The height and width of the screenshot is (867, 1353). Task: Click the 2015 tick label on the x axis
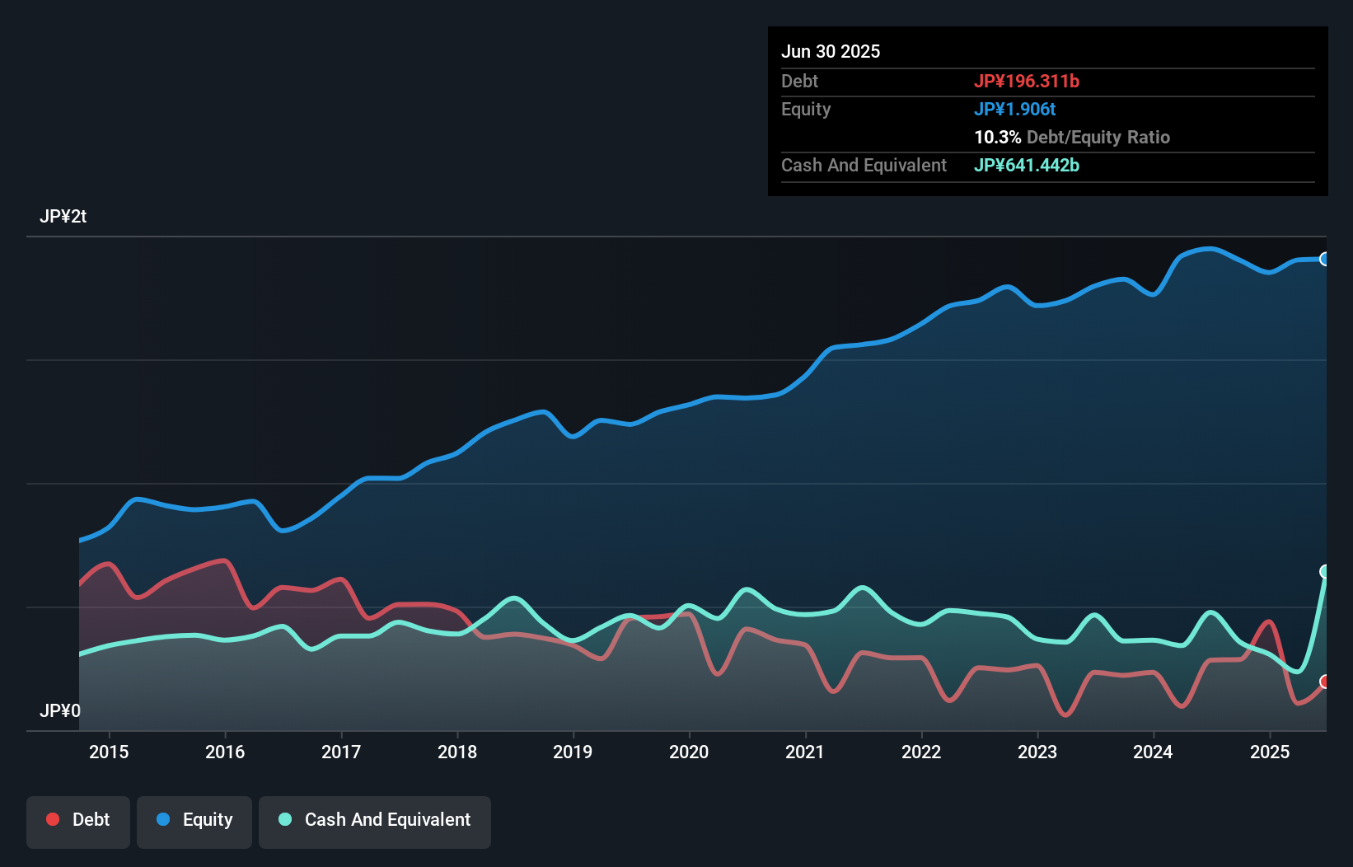tap(109, 752)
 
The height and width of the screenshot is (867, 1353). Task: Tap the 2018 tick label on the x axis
tap(457, 752)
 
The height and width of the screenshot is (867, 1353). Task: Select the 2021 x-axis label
tap(805, 752)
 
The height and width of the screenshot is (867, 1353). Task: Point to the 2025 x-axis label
tap(1270, 752)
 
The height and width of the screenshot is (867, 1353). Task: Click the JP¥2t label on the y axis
tap(63, 217)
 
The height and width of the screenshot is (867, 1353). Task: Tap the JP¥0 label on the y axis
tap(60, 710)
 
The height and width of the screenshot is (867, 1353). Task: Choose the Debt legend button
tap(78, 820)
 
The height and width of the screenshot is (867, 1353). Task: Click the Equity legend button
tap(194, 820)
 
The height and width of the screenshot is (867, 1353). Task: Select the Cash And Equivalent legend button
tap(375, 820)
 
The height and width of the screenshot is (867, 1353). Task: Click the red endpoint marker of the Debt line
tap(1325, 682)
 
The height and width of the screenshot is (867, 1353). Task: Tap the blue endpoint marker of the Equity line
tap(1325, 259)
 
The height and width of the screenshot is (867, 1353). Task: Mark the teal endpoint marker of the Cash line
tap(1325, 571)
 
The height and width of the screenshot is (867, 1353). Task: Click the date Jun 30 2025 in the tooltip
tap(831, 51)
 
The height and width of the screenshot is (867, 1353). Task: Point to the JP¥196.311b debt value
tap(1027, 81)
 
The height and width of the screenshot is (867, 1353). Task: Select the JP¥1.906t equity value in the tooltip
tap(1014, 109)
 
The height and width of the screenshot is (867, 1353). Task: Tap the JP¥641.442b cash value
tap(1027, 165)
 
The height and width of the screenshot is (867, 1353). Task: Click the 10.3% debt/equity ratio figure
tap(997, 137)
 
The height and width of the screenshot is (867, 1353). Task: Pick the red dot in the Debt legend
tap(53, 819)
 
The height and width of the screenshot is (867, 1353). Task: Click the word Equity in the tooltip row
tap(806, 109)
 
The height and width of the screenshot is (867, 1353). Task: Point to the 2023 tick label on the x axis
tap(1037, 752)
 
